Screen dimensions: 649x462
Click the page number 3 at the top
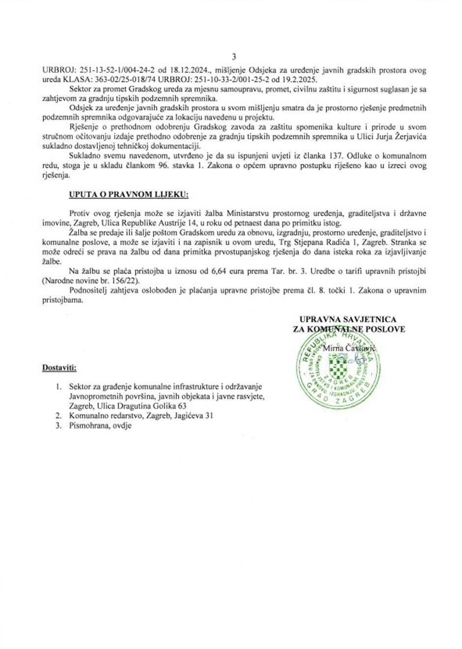[233, 57]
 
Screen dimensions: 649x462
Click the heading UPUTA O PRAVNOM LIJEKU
[128, 195]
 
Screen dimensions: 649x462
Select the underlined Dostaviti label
[59, 367]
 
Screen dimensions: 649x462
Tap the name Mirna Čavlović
[349, 348]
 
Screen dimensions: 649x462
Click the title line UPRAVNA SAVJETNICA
[347, 319]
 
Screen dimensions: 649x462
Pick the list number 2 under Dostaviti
[58, 415]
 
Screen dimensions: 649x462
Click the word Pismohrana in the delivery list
[87, 426]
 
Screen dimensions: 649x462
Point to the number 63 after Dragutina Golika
[182, 406]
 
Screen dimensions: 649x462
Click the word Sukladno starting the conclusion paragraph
[86, 156]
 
